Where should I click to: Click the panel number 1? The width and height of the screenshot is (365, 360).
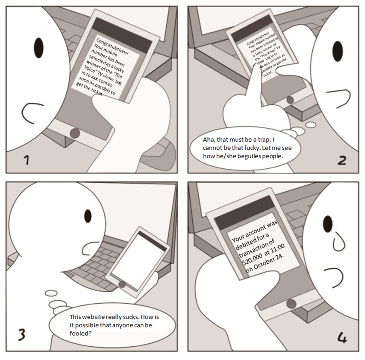(27, 160)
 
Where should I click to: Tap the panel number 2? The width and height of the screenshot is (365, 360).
(342, 160)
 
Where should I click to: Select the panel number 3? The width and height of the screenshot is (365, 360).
(22, 335)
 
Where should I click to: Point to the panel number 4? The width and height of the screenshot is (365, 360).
(342, 338)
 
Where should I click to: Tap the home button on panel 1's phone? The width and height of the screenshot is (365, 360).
(75, 133)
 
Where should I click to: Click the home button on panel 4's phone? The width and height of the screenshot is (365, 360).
(291, 304)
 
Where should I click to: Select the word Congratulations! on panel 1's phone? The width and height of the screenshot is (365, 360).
(112, 46)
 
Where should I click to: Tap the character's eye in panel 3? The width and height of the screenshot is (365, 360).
(88, 216)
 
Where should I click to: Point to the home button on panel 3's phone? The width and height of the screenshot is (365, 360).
(122, 285)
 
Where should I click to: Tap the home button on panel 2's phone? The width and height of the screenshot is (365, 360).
(290, 100)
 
